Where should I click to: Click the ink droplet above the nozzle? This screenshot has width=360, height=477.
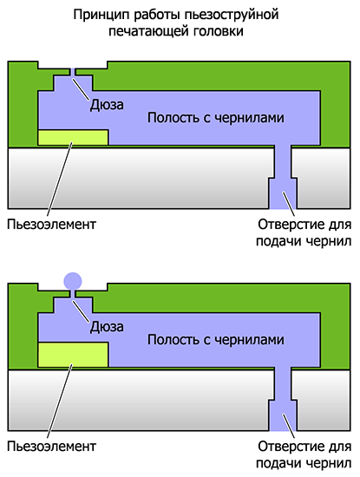click(x=73, y=280)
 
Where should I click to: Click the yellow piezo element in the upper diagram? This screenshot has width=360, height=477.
click(x=73, y=137)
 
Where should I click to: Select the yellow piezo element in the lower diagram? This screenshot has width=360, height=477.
click(x=73, y=355)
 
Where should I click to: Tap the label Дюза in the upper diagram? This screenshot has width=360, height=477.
click(x=107, y=105)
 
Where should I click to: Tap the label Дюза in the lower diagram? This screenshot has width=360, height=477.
click(x=107, y=327)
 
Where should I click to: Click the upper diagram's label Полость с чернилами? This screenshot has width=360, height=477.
click(x=216, y=117)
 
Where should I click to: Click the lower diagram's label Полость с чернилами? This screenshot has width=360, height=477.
click(x=216, y=339)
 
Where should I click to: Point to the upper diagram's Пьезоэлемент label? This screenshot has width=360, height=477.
click(x=52, y=225)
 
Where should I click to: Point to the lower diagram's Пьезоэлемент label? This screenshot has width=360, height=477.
click(x=52, y=447)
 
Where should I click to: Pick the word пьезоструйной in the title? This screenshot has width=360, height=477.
click(x=232, y=15)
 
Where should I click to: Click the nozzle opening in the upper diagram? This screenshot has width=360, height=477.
click(x=73, y=72)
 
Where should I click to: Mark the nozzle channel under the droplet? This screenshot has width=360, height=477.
click(x=73, y=294)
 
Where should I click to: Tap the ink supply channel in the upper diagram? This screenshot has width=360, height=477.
click(x=283, y=177)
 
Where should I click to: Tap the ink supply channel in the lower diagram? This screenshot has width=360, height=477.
click(x=283, y=399)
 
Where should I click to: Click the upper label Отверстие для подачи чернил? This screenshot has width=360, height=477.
click(x=304, y=232)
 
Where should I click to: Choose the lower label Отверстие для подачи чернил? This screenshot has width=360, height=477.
click(x=304, y=454)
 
